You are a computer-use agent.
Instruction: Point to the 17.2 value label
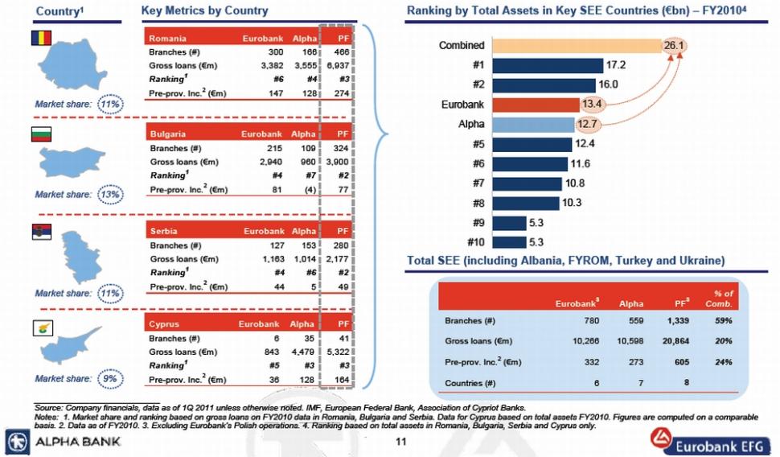pyautogui.click(x=617, y=65)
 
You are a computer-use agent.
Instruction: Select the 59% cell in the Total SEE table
pyautogui.click(x=723, y=321)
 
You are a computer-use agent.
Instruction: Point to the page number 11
pyautogui.click(x=401, y=442)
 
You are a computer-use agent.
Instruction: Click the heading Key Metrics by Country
pyautogui.click(x=204, y=11)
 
